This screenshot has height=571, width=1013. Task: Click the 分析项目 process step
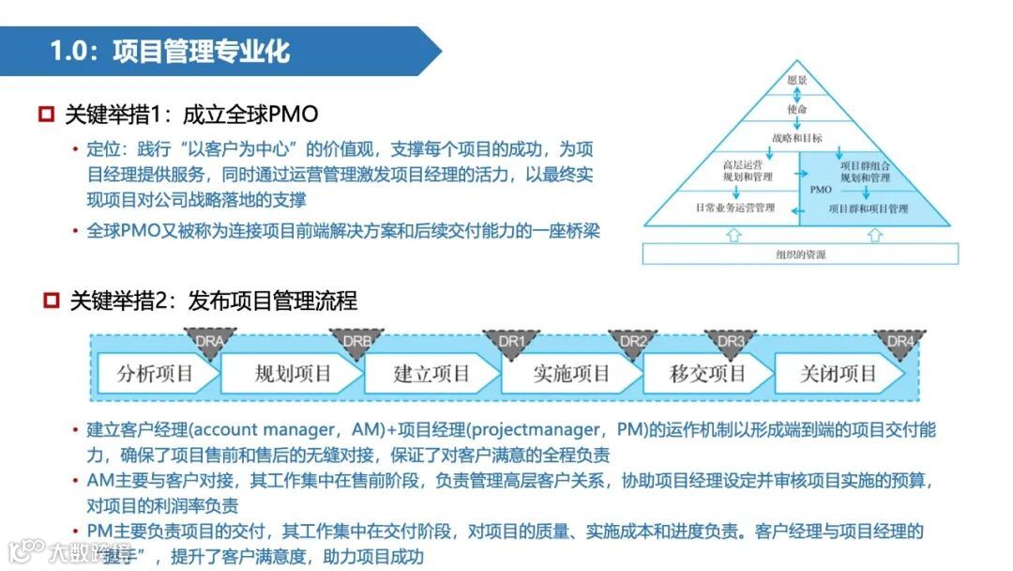click(x=155, y=374)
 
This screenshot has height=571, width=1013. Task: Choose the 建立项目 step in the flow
click(x=431, y=374)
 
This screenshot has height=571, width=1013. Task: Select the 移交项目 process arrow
click(x=708, y=374)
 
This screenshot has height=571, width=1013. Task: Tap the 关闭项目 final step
click(x=838, y=374)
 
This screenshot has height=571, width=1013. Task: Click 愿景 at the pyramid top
click(x=797, y=80)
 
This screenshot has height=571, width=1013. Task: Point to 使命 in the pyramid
click(x=797, y=109)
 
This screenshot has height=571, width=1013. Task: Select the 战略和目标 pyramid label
click(x=797, y=138)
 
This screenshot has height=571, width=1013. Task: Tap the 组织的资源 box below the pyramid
click(x=800, y=255)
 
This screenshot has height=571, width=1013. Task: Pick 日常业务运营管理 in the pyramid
click(x=734, y=208)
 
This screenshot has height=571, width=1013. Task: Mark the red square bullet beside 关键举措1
click(x=45, y=116)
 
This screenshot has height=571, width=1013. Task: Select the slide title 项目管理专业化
click(x=201, y=51)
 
